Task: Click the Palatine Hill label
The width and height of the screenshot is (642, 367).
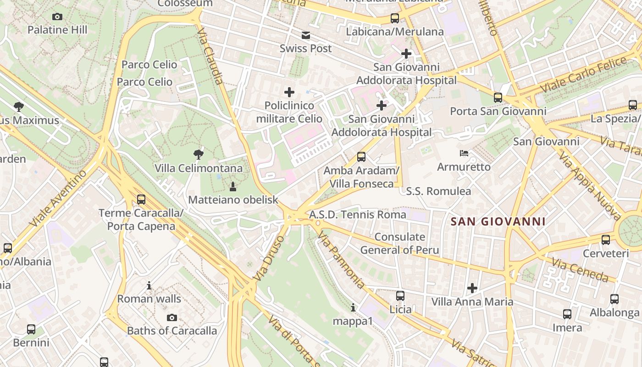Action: pos(57,30)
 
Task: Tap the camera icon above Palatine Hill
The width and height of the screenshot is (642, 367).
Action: pos(57,17)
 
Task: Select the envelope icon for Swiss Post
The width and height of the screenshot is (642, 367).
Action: pos(305,35)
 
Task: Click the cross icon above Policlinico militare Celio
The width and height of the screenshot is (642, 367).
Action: pos(289,92)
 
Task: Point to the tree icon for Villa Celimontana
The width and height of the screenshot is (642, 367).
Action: pos(199,154)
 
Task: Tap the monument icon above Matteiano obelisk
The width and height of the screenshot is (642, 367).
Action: pos(233,186)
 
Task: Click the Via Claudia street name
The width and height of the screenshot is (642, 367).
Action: pos(210,56)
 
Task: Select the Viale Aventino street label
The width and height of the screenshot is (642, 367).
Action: pos(58,198)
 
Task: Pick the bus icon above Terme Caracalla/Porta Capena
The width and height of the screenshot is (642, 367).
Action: pos(141,200)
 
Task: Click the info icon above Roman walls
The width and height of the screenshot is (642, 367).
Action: pos(149,286)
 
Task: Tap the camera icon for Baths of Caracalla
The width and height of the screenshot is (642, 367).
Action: pos(172,317)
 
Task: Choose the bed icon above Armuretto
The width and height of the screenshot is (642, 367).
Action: pos(464,153)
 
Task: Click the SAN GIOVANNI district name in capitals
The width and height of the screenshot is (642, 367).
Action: pos(498,222)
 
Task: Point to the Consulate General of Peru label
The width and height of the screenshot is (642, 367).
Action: pos(400,244)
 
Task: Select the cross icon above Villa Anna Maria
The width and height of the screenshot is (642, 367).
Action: pos(472,288)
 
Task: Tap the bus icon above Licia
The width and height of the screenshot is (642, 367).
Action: pos(400,296)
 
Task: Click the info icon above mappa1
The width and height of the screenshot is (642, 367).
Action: pos(353,307)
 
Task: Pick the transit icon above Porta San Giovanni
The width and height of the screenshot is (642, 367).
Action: pos(498,98)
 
